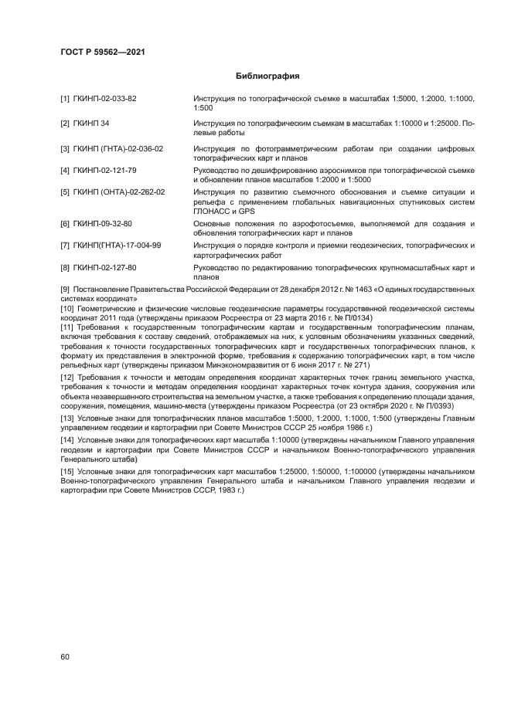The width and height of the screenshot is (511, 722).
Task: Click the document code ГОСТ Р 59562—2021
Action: [102, 52]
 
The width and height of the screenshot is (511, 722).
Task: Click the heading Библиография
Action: [267, 76]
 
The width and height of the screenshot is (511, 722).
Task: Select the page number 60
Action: [65, 657]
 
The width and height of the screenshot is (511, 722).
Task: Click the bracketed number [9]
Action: [66, 290]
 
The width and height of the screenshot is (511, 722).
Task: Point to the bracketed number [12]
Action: [67, 377]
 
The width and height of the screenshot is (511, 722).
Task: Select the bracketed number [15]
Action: [67, 470]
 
